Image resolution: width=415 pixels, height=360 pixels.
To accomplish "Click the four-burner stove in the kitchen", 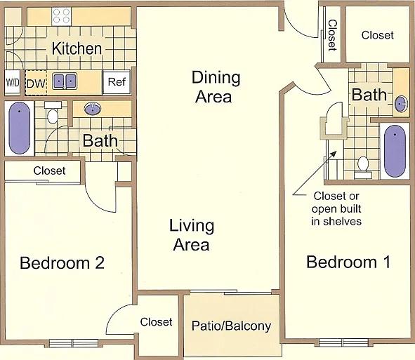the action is click(61, 16).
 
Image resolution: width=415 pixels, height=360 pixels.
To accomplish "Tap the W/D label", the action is click(13, 83).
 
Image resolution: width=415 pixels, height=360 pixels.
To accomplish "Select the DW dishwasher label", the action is click(36, 84).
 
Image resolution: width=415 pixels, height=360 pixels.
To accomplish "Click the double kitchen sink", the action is click(65, 81).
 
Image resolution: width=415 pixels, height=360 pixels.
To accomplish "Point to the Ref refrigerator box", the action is click(117, 82).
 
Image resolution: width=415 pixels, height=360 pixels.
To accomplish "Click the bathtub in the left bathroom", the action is click(20, 128).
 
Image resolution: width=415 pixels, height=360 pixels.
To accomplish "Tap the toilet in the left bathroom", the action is click(53, 113).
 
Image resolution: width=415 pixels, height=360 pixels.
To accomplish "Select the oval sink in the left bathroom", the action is click(93, 109).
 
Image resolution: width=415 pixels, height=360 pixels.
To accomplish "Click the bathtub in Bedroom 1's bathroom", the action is click(395, 151).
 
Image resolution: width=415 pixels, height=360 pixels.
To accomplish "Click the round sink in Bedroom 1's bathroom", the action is click(401, 104).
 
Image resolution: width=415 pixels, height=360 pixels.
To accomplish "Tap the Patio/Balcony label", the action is click(231, 326).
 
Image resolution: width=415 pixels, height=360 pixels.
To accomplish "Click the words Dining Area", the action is click(216, 87).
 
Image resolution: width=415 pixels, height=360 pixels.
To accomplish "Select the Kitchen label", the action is click(77, 48).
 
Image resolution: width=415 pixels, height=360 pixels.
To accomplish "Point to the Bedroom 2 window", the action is click(74, 343).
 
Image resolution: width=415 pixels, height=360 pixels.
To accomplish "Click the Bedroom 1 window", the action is click(343, 342).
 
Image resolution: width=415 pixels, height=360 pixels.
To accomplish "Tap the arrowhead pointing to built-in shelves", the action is click(334, 154).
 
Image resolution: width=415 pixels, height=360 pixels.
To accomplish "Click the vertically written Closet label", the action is click(332, 35).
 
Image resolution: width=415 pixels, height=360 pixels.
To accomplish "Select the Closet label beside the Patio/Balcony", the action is click(156, 322).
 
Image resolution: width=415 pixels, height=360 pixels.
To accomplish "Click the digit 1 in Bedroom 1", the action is click(387, 262).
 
